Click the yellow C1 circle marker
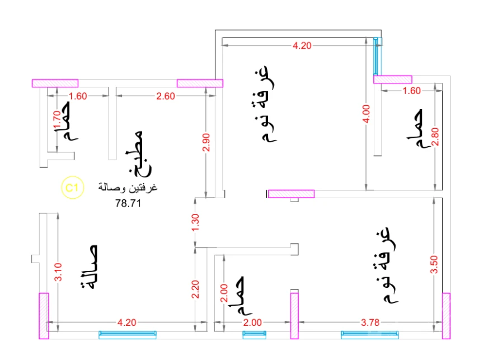point(72,188)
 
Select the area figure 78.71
point(128,203)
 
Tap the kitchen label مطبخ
point(139,154)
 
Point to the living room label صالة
point(89,267)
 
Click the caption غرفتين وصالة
point(128,188)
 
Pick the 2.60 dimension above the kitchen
point(166,96)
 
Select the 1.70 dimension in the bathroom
point(57,120)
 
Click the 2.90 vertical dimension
point(206,142)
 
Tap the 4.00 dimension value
point(366,114)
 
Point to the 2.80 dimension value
point(435,137)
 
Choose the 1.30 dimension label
point(195,223)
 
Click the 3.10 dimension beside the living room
point(58,272)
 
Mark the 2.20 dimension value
point(195,289)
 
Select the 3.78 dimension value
point(370,322)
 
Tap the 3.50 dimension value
point(434,264)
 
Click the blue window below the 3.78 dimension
point(370,335)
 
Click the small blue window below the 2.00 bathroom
point(255,335)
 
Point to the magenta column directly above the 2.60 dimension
point(200,83)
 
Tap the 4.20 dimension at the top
point(302,45)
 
